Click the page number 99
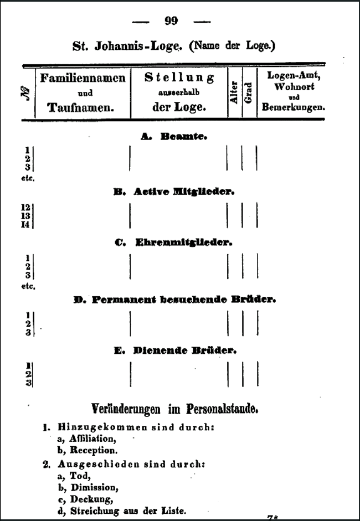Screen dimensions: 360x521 tap(171, 21)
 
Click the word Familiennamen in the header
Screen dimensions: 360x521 tap(83, 78)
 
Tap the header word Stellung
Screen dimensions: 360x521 tap(179, 78)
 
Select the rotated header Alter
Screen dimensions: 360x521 tap(234, 92)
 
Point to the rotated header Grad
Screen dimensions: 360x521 tap(249, 92)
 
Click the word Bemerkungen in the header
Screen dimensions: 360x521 tap(293, 107)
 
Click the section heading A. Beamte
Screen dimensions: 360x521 tap(173, 137)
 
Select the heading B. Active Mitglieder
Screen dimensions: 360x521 tap(174, 192)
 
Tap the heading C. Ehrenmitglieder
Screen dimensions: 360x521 tap(173, 243)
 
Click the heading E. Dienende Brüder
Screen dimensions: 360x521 tap(175, 350)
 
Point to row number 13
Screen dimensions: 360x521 tap(25, 216)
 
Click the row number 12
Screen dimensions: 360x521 tap(25, 207)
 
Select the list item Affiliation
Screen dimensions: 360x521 tap(92, 439)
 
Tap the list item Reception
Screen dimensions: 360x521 tap(94, 450)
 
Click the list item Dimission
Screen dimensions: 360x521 tap(94, 487)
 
